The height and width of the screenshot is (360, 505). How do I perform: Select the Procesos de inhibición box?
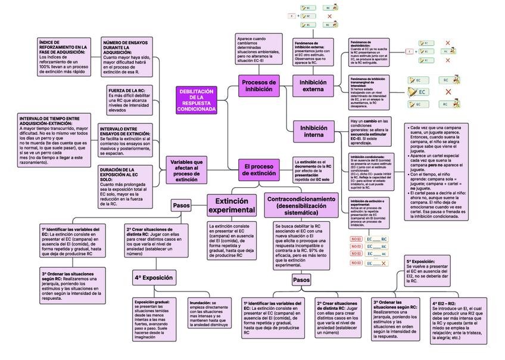point(259,85)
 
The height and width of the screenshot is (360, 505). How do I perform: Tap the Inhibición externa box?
point(313,85)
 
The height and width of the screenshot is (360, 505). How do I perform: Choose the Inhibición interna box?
point(313,131)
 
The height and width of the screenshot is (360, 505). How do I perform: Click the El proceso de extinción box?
point(259,169)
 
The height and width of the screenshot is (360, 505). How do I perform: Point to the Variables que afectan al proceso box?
point(186,170)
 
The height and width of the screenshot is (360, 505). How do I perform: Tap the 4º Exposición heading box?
point(154,278)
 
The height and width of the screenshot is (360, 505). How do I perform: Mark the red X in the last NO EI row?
point(384,263)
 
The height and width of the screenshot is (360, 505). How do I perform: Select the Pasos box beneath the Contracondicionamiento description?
point(301,279)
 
